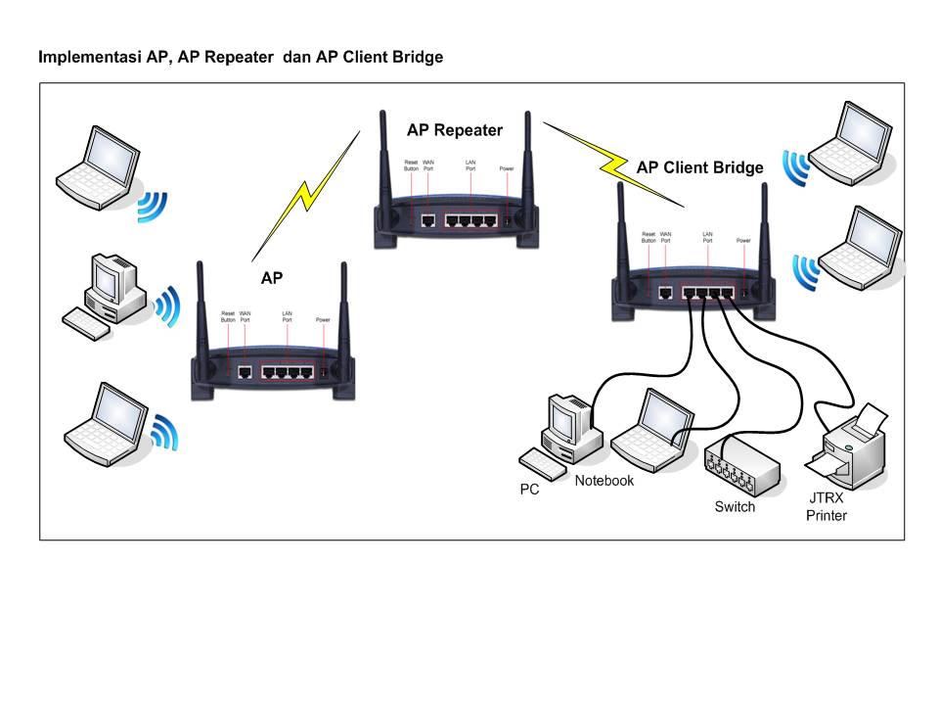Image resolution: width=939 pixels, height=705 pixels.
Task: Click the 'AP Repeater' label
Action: [454, 130]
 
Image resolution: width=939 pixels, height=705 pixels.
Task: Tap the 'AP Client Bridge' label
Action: [699, 167]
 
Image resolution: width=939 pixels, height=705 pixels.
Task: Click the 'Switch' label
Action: [735, 507]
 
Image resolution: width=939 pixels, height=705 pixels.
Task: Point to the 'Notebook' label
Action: [604, 481]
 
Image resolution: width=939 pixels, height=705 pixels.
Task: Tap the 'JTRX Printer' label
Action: [827, 507]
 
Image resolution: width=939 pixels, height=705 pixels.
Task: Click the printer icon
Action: [846, 450]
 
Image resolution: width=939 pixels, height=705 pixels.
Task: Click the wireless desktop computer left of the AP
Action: [110, 294]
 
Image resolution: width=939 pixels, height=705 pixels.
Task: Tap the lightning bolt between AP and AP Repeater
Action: [305, 191]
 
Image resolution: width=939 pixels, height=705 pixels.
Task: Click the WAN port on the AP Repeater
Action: [428, 220]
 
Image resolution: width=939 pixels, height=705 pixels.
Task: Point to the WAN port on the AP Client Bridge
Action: [666, 292]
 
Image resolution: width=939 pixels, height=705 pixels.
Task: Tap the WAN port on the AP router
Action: [245, 372]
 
